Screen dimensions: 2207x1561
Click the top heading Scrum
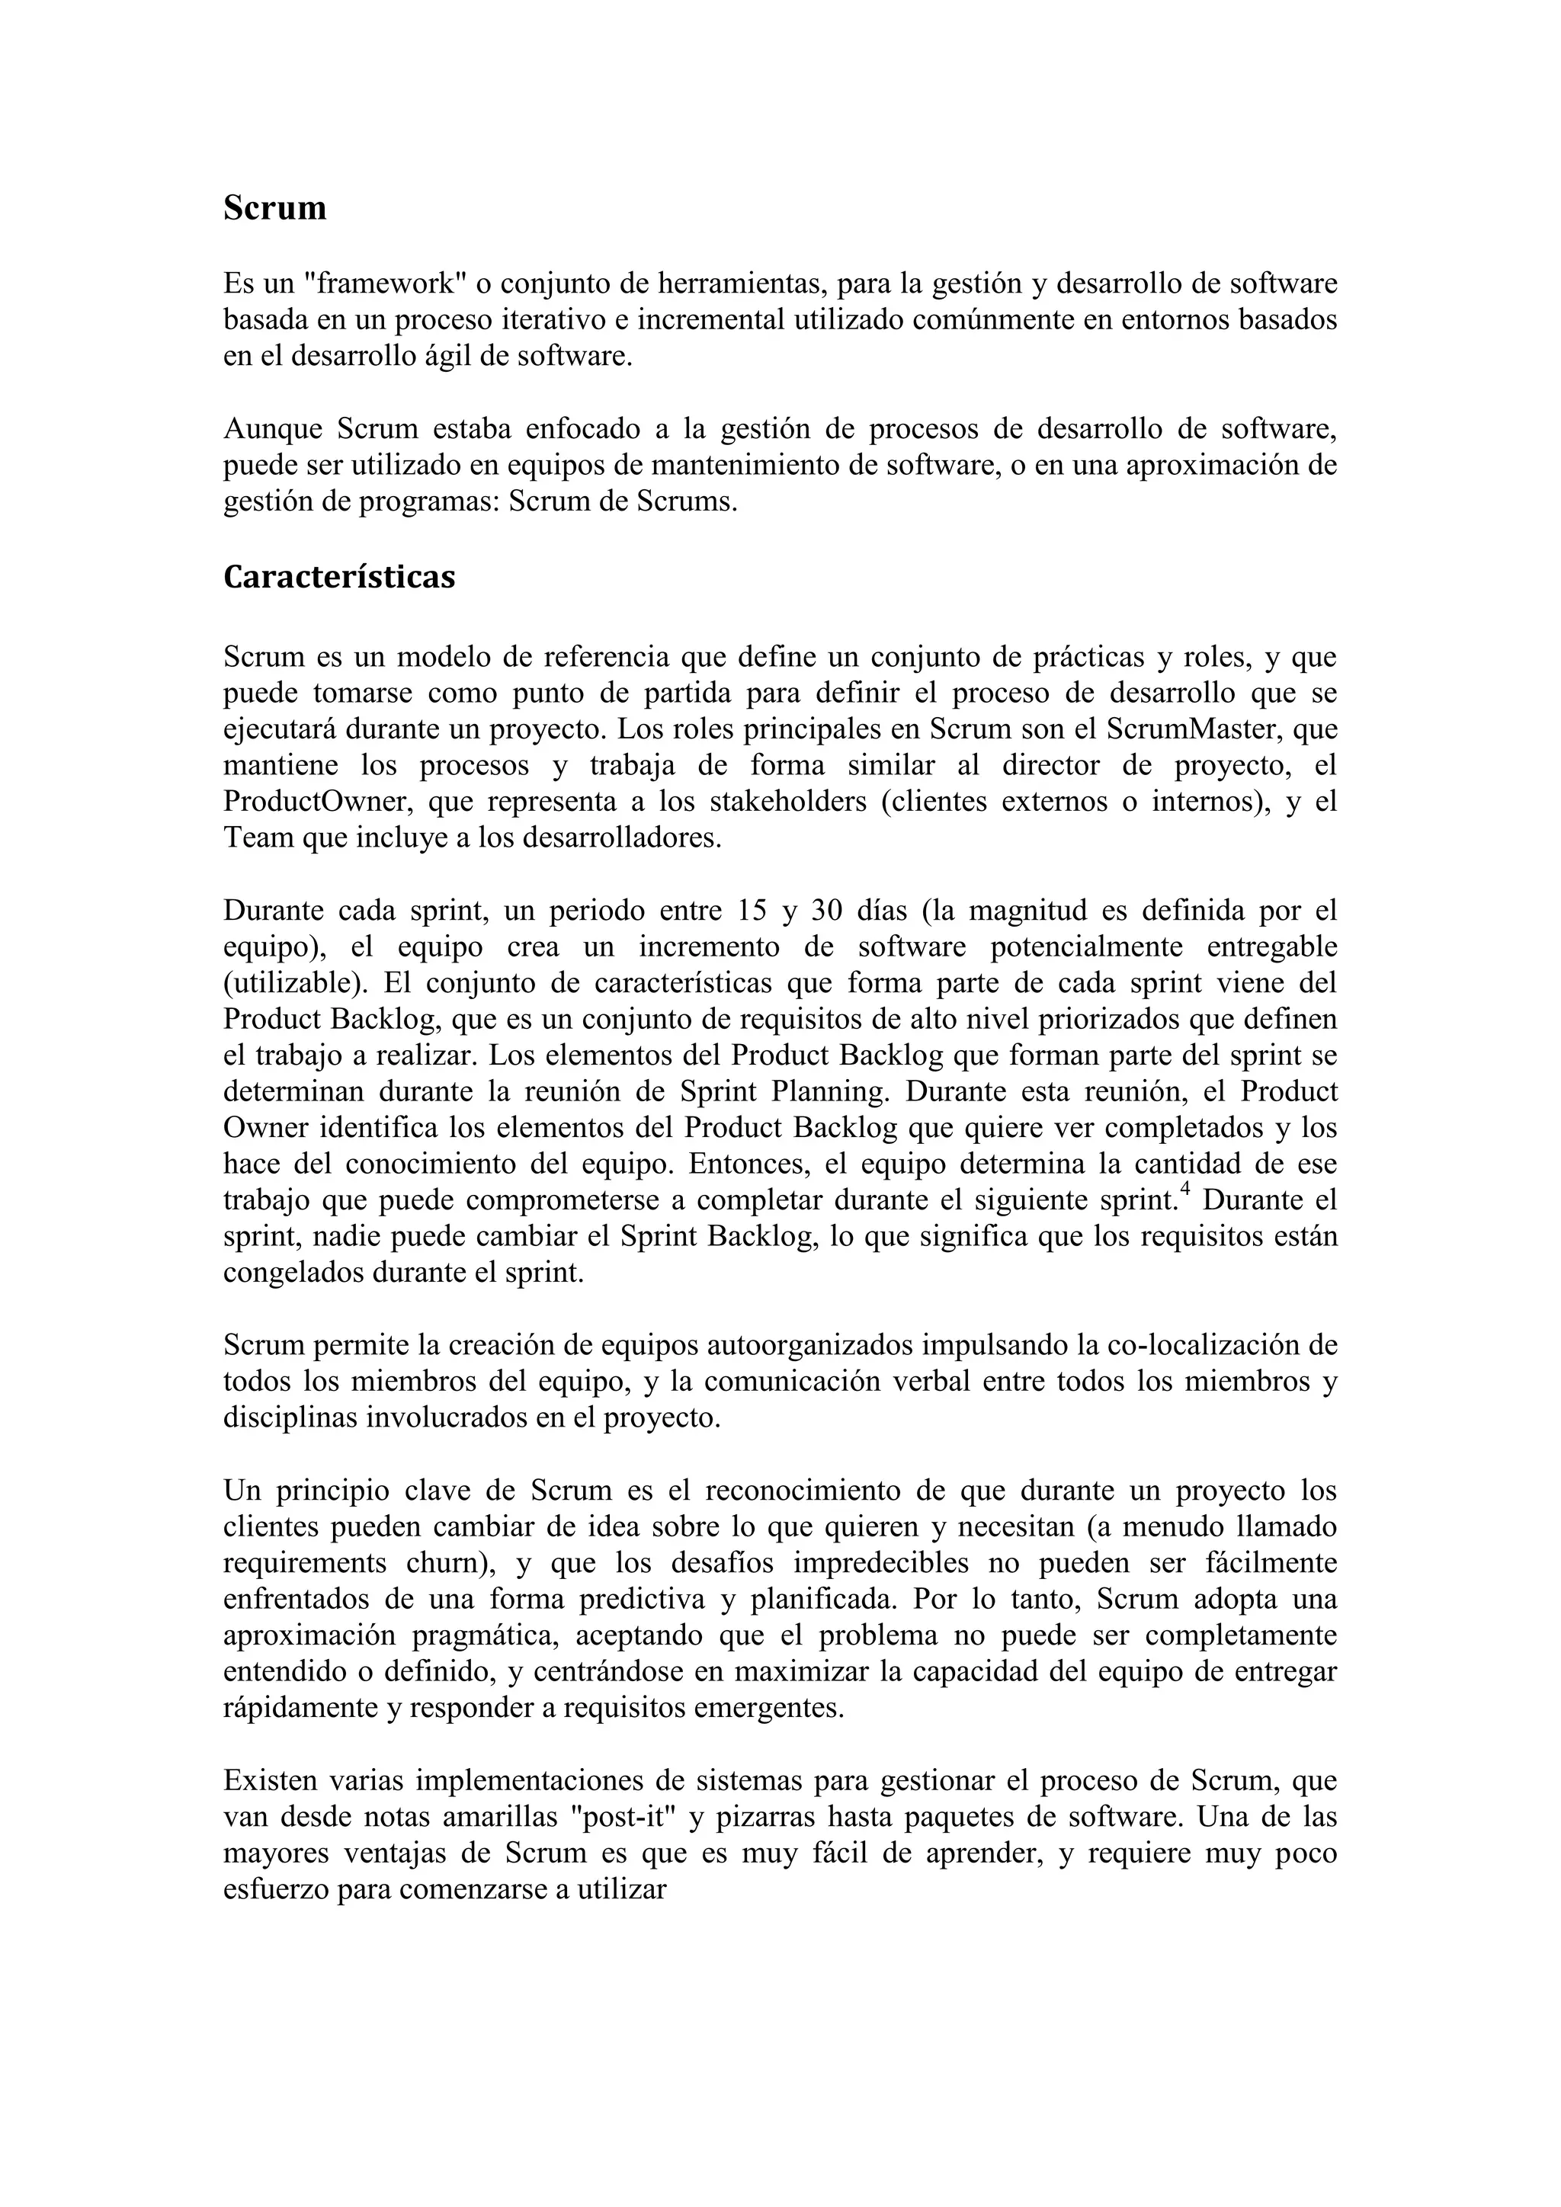pyautogui.click(x=275, y=207)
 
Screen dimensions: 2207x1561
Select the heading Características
pyautogui.click(x=338, y=577)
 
